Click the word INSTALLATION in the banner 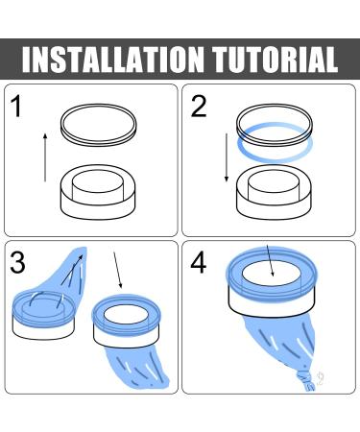113,60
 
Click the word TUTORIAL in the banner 276,60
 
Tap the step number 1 15,107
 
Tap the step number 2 199,107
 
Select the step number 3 17,262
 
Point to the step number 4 199,263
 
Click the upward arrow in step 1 45,157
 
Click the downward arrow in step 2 227,157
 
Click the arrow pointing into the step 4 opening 270,260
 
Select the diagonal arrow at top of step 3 118,270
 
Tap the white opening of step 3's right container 126,314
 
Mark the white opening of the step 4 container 272,274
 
